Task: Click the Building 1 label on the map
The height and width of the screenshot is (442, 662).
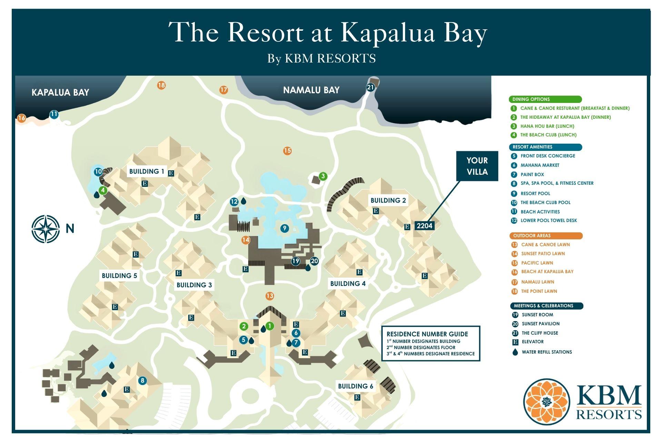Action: (x=147, y=171)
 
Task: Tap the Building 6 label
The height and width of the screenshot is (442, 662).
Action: (x=355, y=386)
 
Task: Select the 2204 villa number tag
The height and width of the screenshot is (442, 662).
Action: (x=424, y=226)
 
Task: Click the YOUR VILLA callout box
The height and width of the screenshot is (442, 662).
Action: (x=477, y=166)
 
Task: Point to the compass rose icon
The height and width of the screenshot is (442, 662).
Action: (x=46, y=229)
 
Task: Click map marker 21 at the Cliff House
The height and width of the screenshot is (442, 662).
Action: (x=370, y=87)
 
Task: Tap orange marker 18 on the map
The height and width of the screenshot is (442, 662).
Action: (x=161, y=85)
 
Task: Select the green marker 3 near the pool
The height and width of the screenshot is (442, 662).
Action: (x=323, y=176)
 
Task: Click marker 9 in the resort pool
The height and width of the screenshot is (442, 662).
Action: (x=284, y=228)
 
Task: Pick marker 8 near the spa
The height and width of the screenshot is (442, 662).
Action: (x=142, y=381)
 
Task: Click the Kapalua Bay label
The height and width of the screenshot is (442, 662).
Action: (x=60, y=92)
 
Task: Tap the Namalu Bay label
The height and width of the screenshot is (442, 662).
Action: (x=311, y=90)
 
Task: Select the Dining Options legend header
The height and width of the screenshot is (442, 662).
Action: (x=545, y=99)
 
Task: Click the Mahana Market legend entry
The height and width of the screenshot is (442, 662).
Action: (x=540, y=165)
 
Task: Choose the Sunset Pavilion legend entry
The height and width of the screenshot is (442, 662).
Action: (x=540, y=324)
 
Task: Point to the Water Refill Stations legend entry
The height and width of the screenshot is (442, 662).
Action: (x=546, y=352)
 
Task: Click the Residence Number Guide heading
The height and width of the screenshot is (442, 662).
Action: (x=427, y=334)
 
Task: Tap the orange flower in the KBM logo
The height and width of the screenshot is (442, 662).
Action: (x=546, y=402)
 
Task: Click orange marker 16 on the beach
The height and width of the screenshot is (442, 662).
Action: (x=21, y=118)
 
